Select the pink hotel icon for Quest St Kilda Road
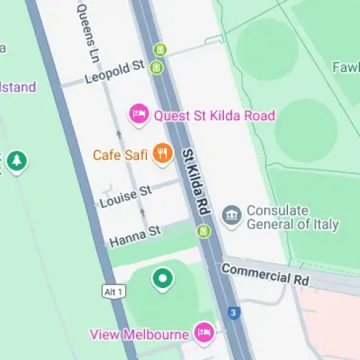138,113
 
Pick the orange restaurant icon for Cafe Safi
164,153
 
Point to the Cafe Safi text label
120,155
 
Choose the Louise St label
126,196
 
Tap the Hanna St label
134,235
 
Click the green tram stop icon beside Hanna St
204,230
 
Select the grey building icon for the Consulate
231,217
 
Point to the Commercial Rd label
265,274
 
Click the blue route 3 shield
233,312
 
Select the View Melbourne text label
139,334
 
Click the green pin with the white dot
163,278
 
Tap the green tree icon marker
16,162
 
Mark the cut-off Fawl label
346,67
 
